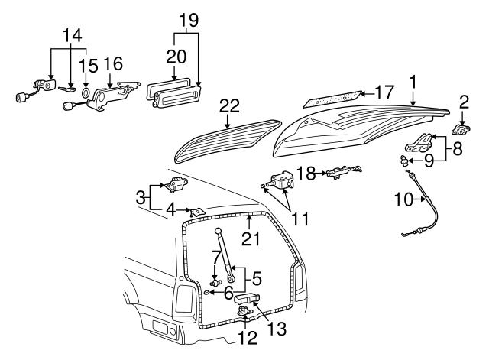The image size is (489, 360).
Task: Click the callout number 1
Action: [413, 81]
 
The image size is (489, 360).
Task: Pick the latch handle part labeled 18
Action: [342, 174]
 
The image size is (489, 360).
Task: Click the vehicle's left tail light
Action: [183, 303]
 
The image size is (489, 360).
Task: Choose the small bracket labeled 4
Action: [197, 211]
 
